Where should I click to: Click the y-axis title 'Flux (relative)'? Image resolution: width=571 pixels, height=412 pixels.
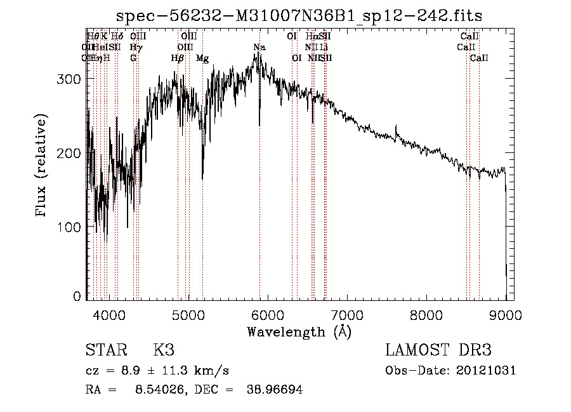[43, 166]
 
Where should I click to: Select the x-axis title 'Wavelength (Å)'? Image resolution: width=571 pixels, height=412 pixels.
[299, 331]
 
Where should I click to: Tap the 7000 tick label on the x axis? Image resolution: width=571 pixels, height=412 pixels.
[346, 314]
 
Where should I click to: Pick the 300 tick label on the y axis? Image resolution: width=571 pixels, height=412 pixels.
[72, 79]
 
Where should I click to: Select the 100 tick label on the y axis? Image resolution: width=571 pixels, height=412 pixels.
[72, 227]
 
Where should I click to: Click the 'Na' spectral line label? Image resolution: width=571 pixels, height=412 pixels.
[259, 48]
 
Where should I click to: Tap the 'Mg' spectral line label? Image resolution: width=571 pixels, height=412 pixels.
[202, 58]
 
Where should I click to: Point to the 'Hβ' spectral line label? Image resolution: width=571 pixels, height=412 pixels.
[178, 58]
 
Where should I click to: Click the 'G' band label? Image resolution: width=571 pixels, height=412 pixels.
[133, 58]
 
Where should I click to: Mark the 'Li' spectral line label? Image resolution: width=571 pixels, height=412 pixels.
[324, 47]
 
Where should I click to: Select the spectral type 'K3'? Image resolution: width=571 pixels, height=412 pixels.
[164, 350]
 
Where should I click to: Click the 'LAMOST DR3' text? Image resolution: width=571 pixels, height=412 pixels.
[438, 350]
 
